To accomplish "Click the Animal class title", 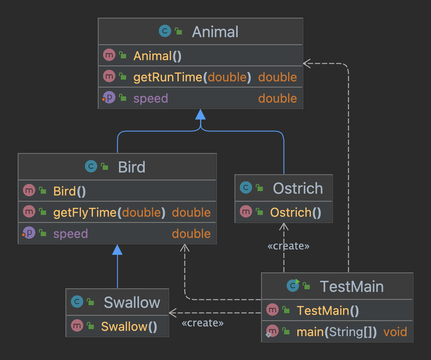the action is click(215, 31).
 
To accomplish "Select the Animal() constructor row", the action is click(200, 55).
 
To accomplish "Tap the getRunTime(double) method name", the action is click(192, 77).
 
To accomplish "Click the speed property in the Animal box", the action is click(150, 98).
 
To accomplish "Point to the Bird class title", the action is click(132, 167).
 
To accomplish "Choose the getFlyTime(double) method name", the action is click(109, 212).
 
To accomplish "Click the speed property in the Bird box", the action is click(71, 234).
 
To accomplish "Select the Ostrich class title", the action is click(298, 188).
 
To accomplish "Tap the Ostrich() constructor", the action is click(296, 212).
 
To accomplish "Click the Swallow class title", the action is click(132, 303).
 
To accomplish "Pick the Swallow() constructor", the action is click(129, 326).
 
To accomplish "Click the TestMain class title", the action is click(351, 286).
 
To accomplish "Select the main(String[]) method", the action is click(337, 332).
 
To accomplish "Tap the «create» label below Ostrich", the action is click(289, 246).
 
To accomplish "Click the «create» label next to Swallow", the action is click(203, 322).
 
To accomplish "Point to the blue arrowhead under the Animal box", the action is click(200, 114).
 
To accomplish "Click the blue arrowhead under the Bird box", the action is click(117, 249).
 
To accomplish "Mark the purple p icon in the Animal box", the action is click(109, 97).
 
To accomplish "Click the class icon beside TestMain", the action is click(293, 285).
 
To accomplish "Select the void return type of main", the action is click(395, 332).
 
